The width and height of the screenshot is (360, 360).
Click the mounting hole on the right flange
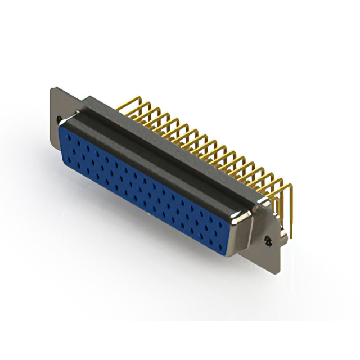(269, 240)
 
